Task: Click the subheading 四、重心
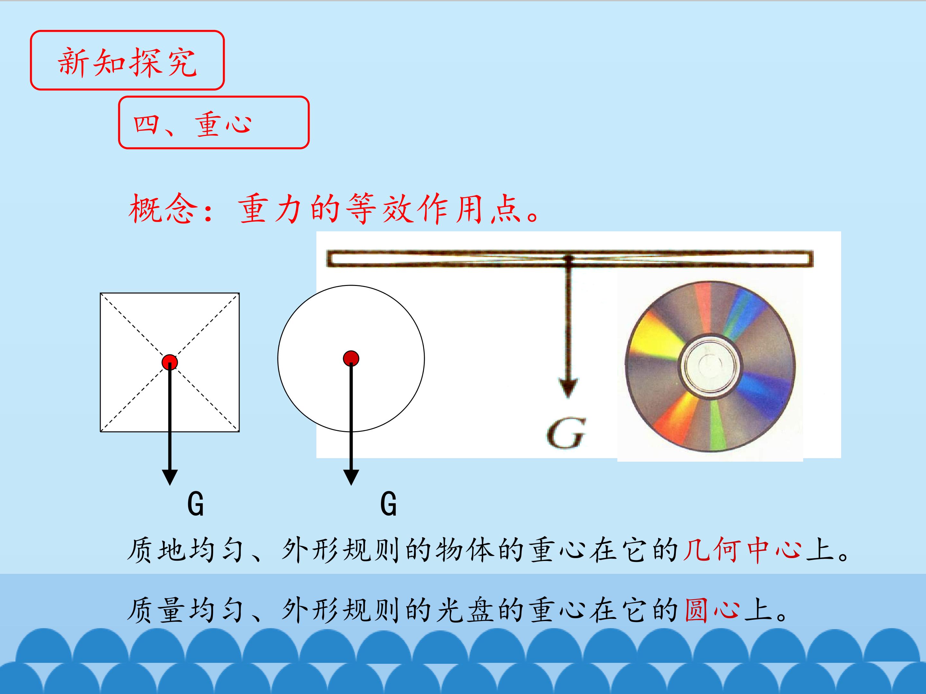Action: click(x=193, y=124)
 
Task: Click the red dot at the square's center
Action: click(x=169, y=362)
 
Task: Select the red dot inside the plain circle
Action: click(x=351, y=359)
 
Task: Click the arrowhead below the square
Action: click(x=169, y=477)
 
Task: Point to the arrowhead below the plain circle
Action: click(x=351, y=477)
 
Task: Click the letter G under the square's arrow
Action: click(x=195, y=504)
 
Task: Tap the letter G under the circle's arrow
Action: click(x=388, y=504)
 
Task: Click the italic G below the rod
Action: click(x=566, y=434)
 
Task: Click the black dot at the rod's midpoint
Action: click(x=568, y=259)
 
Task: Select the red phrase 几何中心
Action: click(x=742, y=549)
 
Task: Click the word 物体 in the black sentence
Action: click(x=465, y=549)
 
